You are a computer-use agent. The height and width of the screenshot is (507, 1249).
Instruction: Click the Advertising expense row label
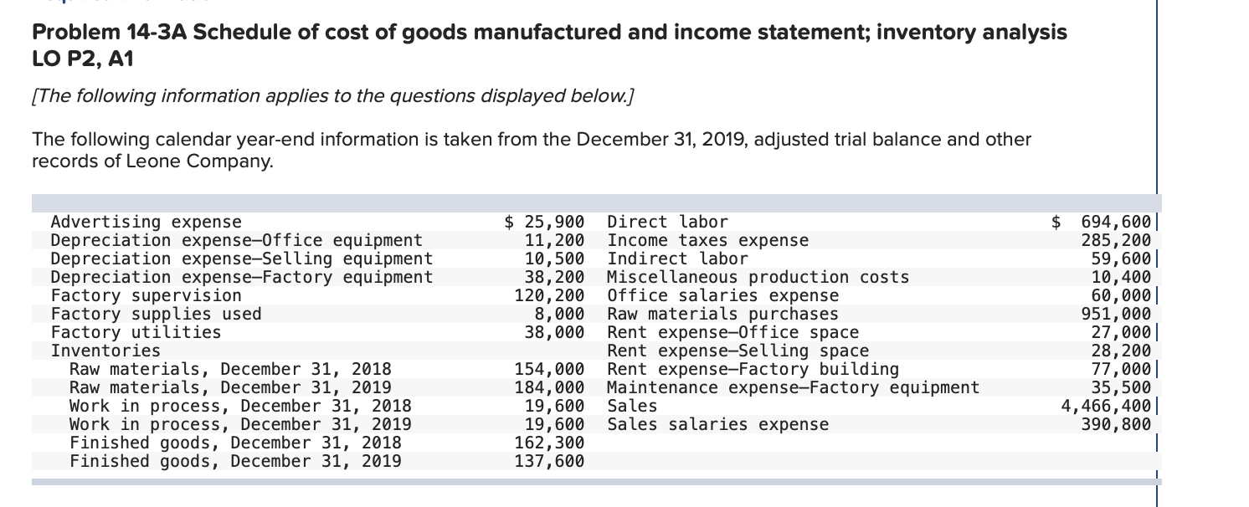[146, 223]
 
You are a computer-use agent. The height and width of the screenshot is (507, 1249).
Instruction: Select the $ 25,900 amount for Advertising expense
[545, 223]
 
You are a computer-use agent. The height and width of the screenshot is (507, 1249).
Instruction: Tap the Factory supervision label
[146, 295]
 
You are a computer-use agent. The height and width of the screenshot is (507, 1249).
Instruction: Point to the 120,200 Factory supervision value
[548, 295]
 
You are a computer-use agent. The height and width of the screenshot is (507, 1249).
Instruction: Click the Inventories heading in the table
[105, 351]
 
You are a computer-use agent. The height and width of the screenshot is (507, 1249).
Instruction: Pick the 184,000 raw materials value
[548, 387]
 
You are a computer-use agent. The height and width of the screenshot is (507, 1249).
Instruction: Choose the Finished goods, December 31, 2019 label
[234, 461]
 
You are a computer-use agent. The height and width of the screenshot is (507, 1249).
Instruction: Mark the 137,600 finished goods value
[548, 461]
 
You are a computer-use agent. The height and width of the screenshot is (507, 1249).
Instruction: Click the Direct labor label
[667, 223]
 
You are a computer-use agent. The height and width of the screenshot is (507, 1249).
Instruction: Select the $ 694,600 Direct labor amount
[1103, 223]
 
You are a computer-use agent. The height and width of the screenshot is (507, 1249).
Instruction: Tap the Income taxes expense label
[707, 241]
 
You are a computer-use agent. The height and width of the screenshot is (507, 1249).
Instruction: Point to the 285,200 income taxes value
[1117, 241]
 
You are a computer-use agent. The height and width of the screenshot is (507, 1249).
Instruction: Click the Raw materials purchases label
[722, 314]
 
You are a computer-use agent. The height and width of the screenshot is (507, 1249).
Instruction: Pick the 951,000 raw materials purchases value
[1117, 314]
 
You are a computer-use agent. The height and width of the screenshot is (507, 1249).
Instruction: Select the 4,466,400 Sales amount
[1106, 406]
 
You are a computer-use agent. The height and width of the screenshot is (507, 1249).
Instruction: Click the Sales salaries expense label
[717, 424]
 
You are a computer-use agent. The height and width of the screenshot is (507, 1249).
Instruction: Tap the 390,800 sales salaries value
[1117, 424]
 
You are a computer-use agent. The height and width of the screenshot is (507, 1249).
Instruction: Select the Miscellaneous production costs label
[758, 277]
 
